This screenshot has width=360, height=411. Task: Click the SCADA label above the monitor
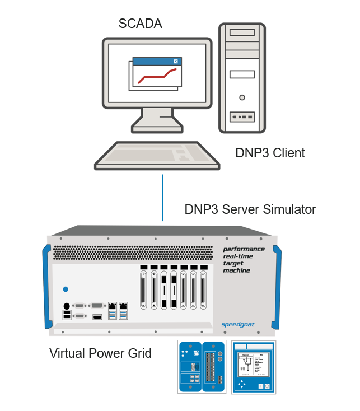pyautogui.click(x=140, y=24)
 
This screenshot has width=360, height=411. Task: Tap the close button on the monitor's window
pyautogui.click(x=176, y=62)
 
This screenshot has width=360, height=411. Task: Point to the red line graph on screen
pyautogui.click(x=157, y=76)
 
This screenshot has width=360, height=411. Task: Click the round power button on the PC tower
pyautogui.click(x=242, y=97)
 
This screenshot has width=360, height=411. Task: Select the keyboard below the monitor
pyautogui.click(x=157, y=155)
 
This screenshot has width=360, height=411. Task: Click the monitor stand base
pyautogui.click(x=157, y=128)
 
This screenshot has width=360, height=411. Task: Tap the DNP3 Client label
pyautogui.click(x=270, y=153)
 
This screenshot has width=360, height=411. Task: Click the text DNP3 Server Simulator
pyautogui.click(x=250, y=210)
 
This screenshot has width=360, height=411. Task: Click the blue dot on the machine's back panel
pyautogui.click(x=66, y=289)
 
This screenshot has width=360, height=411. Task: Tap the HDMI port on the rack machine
pyautogui.click(x=97, y=317)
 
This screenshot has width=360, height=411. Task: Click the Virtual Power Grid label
pyautogui.click(x=100, y=354)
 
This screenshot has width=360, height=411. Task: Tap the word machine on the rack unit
pyautogui.click(x=236, y=270)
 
